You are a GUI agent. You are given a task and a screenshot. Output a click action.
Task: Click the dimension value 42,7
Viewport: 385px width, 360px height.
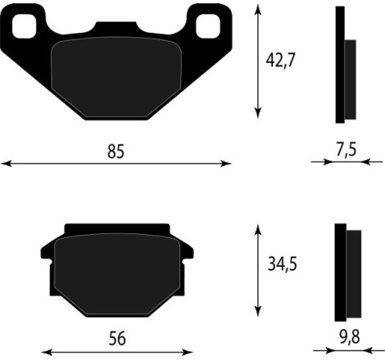point(281,60)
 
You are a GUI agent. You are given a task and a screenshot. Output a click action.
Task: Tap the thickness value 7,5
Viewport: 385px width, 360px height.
point(346,151)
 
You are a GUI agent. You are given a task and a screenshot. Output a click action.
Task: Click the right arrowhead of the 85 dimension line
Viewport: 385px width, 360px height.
point(229,164)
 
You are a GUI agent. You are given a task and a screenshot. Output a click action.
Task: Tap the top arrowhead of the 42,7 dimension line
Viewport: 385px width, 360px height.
point(260,7)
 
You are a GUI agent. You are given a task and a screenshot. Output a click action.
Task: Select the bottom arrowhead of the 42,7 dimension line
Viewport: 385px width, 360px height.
point(260,115)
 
